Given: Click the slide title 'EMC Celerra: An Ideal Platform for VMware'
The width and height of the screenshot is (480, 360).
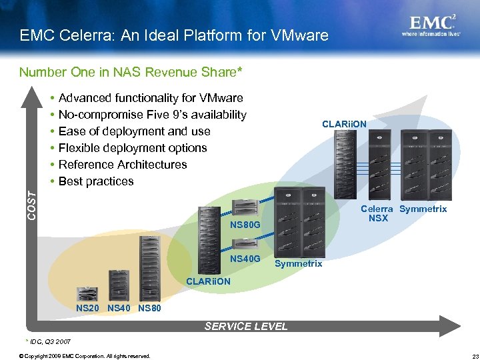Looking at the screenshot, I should pyautogui.click(x=174, y=35).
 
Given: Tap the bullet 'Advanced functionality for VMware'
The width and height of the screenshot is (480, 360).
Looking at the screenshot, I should pyautogui.click(x=151, y=98).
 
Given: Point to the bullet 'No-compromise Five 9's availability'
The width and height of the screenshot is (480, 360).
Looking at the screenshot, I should pyautogui.click(x=152, y=115).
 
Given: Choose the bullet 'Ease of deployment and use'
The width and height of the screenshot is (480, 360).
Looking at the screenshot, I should pyautogui.click(x=134, y=131).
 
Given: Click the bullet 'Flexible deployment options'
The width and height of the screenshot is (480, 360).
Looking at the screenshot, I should pyautogui.click(x=133, y=148).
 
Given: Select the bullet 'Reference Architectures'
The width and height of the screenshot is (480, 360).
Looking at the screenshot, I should pyautogui.click(x=123, y=165).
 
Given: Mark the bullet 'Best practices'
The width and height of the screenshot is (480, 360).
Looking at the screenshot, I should pyautogui.click(x=96, y=181).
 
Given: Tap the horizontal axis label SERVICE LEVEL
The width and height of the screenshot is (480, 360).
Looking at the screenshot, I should pyautogui.click(x=246, y=326).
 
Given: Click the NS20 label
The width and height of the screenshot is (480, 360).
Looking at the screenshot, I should pyautogui.click(x=88, y=308).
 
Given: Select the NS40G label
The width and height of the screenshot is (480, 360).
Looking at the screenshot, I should pyautogui.click(x=245, y=259).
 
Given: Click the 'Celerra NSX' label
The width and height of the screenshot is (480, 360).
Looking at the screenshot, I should pyautogui.click(x=378, y=213).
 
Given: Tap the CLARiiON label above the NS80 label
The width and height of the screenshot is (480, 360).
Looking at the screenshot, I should pyautogui.click(x=208, y=281).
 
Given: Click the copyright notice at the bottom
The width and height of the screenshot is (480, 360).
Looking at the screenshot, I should pyautogui.click(x=85, y=355).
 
